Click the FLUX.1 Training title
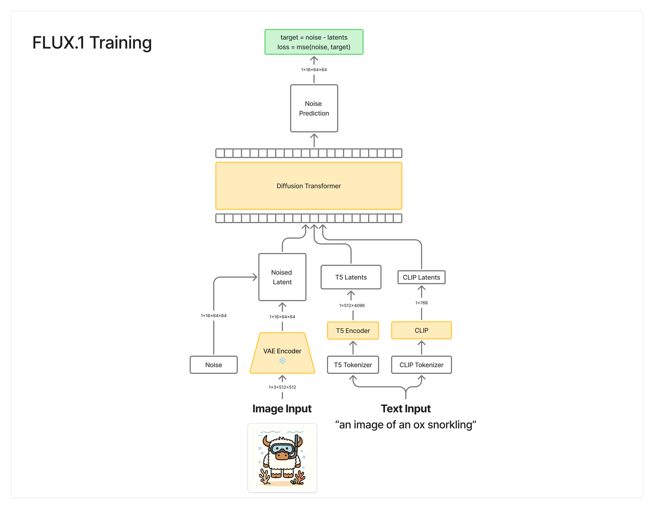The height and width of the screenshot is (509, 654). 92,43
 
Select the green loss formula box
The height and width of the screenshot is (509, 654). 314,42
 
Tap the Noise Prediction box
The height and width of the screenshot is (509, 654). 314,108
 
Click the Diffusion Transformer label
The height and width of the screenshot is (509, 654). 308,186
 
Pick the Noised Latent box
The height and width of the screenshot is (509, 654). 282,277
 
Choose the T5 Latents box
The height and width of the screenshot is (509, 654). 351,277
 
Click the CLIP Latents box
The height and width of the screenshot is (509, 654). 421,277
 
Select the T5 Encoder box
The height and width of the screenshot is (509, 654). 353,330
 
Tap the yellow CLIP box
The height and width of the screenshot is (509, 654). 421,330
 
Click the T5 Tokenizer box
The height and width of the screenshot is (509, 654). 353,365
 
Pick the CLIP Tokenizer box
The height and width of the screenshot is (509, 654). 421,365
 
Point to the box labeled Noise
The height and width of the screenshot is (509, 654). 214,365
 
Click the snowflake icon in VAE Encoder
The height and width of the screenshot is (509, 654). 282,361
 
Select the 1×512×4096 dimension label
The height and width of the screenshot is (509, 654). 352,305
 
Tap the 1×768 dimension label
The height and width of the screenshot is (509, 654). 421,303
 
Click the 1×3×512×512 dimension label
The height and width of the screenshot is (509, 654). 282,387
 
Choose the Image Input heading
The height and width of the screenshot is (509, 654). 282,409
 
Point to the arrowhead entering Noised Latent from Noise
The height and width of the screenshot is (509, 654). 255,277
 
